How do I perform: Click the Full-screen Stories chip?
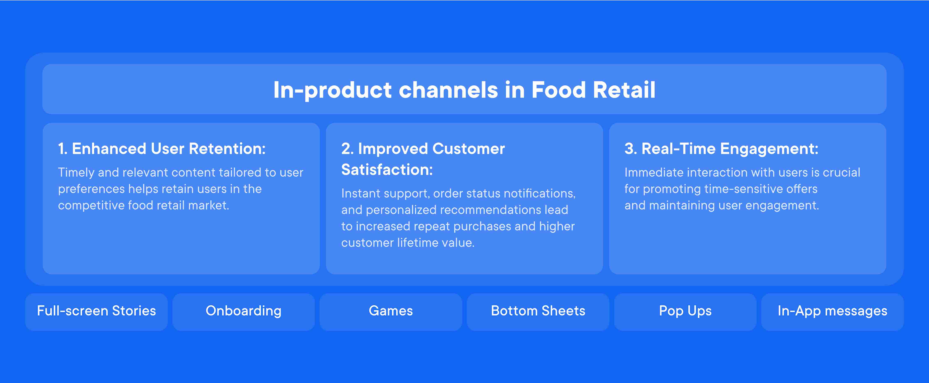[x=96, y=312]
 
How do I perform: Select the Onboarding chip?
[x=243, y=312]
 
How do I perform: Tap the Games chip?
[x=391, y=312]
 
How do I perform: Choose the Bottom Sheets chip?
[x=538, y=312]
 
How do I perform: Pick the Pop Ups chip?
[x=685, y=312]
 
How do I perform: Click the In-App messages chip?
[x=832, y=312]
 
